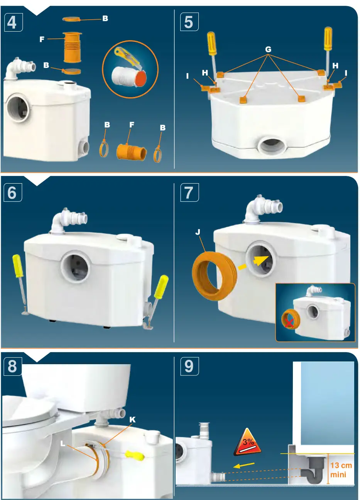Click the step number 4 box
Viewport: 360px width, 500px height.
pyautogui.click(x=12, y=22)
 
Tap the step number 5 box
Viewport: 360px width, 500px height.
pyautogui.click(x=189, y=22)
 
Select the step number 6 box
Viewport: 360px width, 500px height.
pyautogui.click(x=12, y=193)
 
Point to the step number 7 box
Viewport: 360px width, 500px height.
pyautogui.click(x=189, y=193)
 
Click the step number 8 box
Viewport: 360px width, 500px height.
pyautogui.click(x=12, y=366)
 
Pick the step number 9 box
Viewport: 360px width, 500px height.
pyautogui.click(x=189, y=366)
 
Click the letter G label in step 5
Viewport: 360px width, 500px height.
pyautogui.click(x=268, y=49)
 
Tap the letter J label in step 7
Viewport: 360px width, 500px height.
pyautogui.click(x=198, y=232)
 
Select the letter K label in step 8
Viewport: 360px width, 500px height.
pyautogui.click(x=132, y=419)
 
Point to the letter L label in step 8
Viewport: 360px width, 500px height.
pyautogui.click(x=63, y=444)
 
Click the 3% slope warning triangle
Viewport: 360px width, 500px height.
pyautogui.click(x=247, y=443)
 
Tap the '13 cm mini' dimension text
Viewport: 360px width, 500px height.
pyautogui.click(x=341, y=470)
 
